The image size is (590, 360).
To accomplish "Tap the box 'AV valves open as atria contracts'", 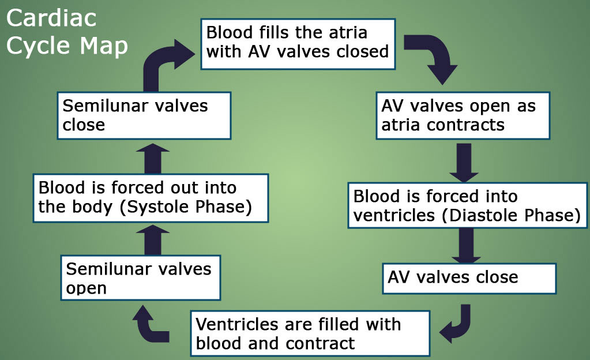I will (x=463, y=115).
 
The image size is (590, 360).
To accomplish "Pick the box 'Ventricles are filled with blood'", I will (x=310, y=333).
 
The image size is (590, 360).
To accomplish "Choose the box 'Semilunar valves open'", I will (x=141, y=278).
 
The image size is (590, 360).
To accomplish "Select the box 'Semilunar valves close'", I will (x=144, y=115).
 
